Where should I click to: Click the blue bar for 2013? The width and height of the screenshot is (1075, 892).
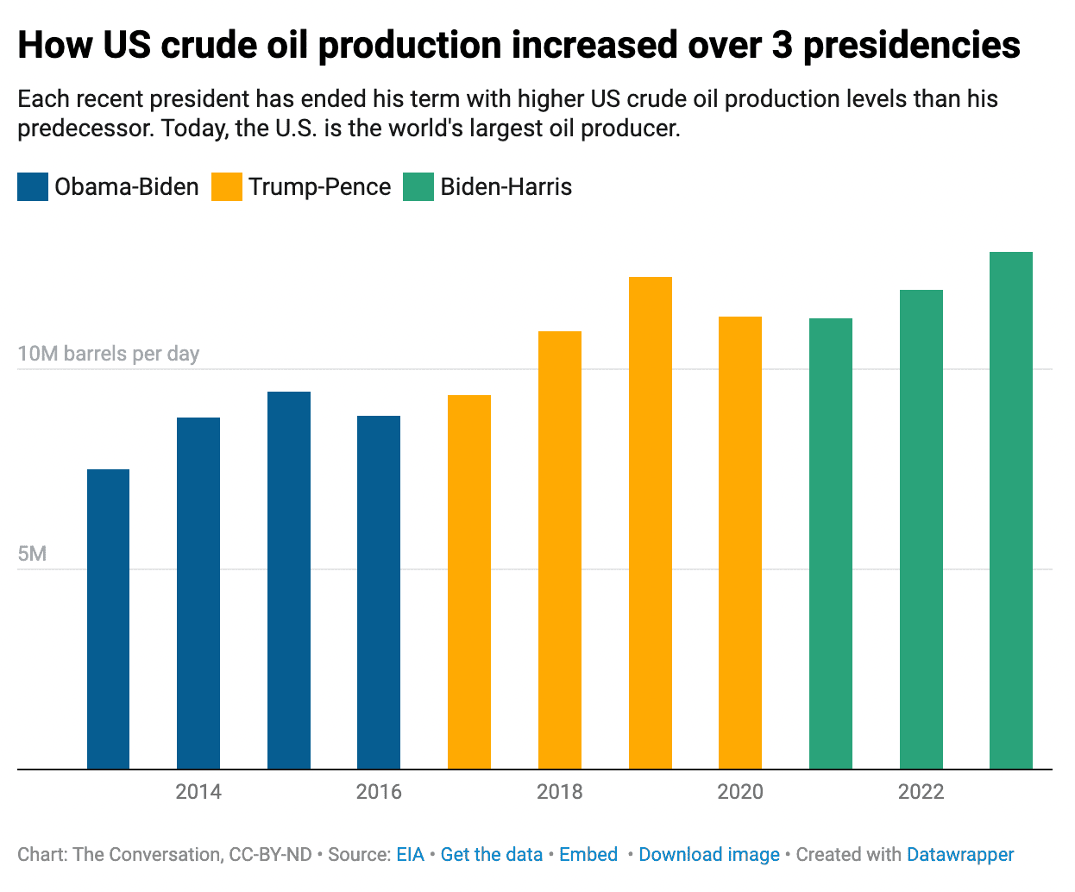109,619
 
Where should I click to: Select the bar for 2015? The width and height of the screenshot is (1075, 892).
289,580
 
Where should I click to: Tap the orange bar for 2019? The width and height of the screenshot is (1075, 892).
651,523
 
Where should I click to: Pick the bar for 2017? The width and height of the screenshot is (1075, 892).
469,581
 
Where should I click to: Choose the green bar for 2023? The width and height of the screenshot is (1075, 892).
1011,510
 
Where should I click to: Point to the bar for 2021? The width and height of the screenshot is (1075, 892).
831,543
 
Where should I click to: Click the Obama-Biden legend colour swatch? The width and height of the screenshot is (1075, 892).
33,187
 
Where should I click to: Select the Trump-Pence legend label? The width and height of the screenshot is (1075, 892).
319,187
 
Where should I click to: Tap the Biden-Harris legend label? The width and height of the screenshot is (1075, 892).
506,187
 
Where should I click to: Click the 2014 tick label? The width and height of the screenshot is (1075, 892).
198,792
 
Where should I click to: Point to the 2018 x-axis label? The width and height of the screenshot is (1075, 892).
559,792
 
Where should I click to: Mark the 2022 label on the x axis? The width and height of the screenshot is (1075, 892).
921,792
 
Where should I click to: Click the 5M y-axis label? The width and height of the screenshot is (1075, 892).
32,554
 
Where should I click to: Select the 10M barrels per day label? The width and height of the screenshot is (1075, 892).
109,354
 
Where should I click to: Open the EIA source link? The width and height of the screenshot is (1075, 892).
410,855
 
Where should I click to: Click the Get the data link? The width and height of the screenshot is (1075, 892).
491,855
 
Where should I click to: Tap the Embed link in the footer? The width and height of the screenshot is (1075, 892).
588,855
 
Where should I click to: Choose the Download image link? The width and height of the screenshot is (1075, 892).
709,855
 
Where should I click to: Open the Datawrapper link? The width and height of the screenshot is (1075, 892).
960,855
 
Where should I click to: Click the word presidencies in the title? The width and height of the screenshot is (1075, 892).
911,45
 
